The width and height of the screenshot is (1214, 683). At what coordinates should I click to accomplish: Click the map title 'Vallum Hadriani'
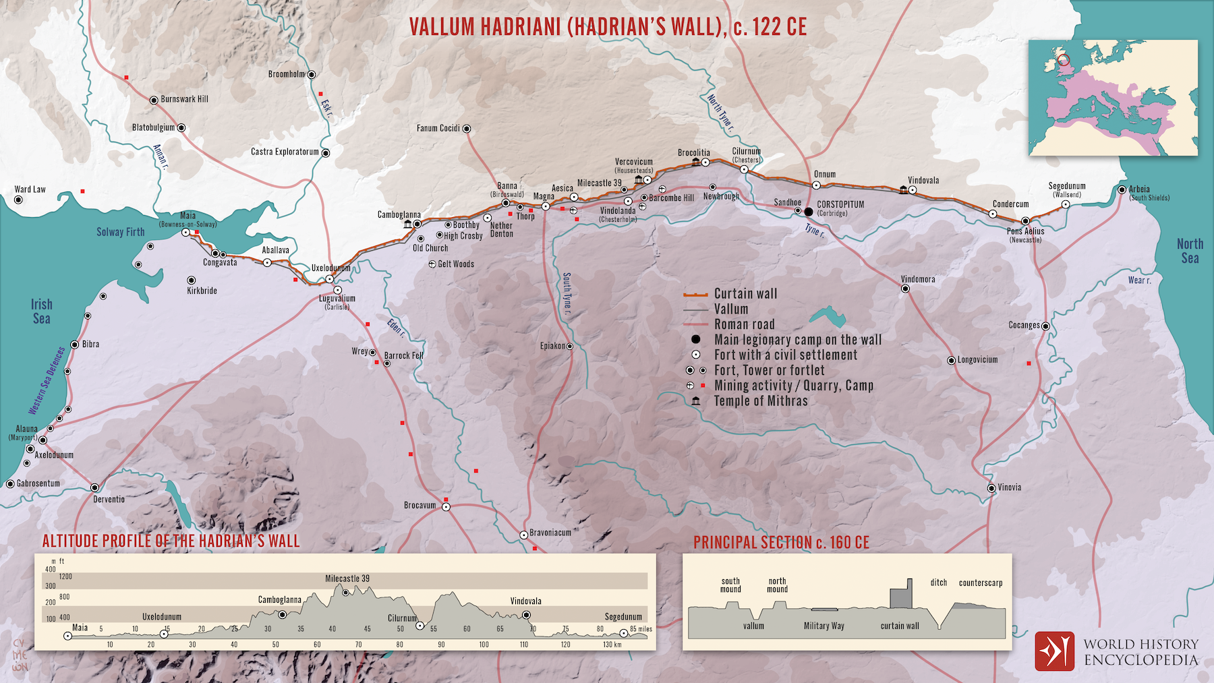[607, 26]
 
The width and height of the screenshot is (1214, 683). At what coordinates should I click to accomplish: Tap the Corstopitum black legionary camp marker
[808, 212]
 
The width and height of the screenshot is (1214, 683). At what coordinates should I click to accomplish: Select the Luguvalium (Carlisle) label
[337, 301]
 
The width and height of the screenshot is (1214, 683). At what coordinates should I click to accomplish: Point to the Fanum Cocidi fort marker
[466, 128]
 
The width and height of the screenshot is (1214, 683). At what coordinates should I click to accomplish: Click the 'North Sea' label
[1190, 251]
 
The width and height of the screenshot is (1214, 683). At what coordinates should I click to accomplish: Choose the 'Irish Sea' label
[41, 311]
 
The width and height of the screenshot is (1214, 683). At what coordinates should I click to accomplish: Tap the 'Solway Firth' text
[120, 232]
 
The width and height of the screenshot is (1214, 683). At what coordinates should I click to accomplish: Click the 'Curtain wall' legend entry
[745, 294]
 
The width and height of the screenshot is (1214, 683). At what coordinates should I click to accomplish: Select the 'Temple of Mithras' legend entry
[760, 401]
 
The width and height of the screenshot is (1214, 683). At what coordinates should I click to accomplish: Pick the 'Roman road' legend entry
[744, 324]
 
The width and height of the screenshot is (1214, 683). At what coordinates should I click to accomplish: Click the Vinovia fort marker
[991, 488]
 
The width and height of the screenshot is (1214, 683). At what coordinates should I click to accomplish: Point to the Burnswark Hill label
[184, 99]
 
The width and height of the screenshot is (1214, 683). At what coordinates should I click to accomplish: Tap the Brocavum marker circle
[446, 506]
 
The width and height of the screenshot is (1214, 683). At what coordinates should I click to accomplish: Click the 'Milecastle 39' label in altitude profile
[347, 578]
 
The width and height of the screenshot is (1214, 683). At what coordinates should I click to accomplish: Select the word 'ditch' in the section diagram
[938, 583]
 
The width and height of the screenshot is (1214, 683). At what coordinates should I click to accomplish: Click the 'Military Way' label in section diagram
[823, 626]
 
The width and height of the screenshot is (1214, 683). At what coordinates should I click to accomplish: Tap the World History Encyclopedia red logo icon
[1054, 651]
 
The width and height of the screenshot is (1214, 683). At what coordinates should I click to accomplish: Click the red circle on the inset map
[1064, 61]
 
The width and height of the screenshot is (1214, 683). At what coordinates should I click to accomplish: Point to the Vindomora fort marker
[905, 289]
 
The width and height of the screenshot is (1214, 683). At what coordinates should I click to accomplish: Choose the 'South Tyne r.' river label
[567, 294]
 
